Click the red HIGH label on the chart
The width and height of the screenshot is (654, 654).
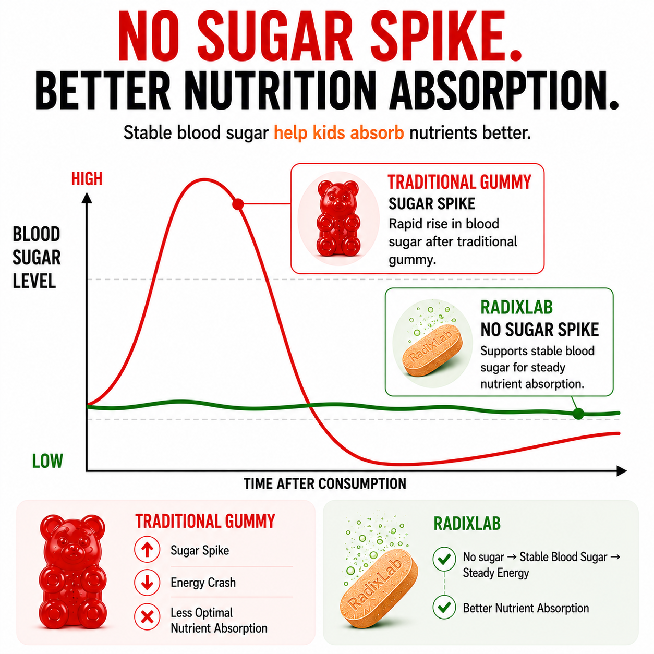click(x=87, y=179)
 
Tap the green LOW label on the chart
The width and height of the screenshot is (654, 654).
click(x=47, y=461)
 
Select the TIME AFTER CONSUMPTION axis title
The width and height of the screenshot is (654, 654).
click(x=325, y=483)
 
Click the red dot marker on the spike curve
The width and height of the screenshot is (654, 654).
click(x=238, y=204)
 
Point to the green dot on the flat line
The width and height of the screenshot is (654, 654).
click(x=578, y=414)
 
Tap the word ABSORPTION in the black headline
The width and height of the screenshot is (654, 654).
click(x=504, y=90)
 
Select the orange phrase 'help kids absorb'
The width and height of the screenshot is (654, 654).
click(x=338, y=132)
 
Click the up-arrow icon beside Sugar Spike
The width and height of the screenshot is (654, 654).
click(x=147, y=549)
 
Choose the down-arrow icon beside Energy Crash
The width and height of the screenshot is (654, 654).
click(x=147, y=583)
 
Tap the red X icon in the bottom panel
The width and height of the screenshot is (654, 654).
click(x=147, y=616)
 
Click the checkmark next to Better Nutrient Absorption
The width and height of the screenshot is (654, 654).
click(x=444, y=607)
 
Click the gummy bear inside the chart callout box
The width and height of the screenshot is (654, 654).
click(x=338, y=218)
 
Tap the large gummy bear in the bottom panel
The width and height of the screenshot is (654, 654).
click(x=72, y=572)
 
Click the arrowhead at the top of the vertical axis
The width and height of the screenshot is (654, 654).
click(x=87, y=198)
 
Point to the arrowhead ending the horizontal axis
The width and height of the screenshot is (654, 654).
click(x=621, y=471)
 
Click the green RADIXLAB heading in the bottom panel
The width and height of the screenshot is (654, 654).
click(x=467, y=523)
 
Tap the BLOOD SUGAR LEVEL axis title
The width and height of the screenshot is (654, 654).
click(x=37, y=258)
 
